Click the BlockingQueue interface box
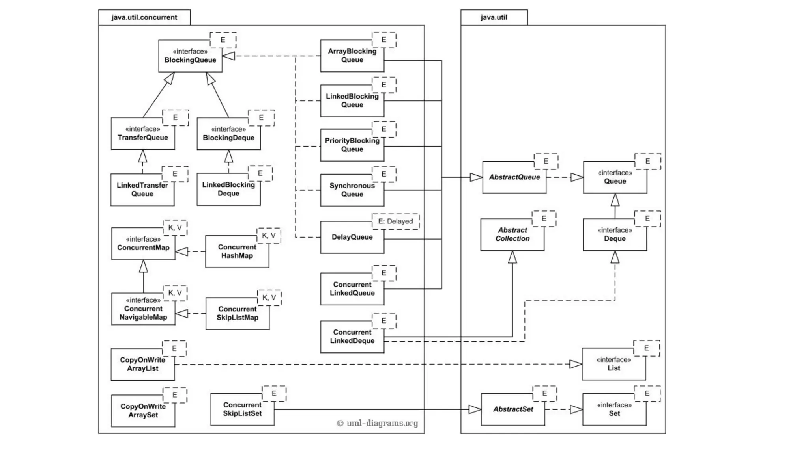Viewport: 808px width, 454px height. pyautogui.click(x=190, y=56)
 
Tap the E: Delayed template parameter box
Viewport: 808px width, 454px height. pyautogui.click(x=395, y=221)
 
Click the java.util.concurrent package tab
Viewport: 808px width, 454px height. pyautogui.click(x=144, y=18)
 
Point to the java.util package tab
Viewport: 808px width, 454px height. pyautogui.click(x=494, y=18)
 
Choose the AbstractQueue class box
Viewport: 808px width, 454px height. pyautogui.click(x=514, y=178)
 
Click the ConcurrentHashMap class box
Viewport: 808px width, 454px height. pyautogui.click(x=237, y=252)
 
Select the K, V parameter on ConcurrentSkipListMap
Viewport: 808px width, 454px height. pyautogui.click(x=269, y=298)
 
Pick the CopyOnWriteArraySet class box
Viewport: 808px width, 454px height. pyautogui.click(x=143, y=411)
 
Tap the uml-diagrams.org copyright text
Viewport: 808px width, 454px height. pyautogui.click(x=378, y=424)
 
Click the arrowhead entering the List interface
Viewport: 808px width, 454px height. pyautogui.click(x=576, y=365)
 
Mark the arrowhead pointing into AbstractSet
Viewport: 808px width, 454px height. pyautogui.click(x=475, y=410)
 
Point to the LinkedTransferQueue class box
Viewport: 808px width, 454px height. pyautogui.click(x=142, y=190)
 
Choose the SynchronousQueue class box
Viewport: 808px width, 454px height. pyautogui.click(x=352, y=190)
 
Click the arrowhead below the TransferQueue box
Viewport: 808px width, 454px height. pyautogui.click(x=143, y=156)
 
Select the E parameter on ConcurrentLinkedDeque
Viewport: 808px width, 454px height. pyautogui.click(x=383, y=321)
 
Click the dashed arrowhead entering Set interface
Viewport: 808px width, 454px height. pyautogui.click(x=576, y=410)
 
